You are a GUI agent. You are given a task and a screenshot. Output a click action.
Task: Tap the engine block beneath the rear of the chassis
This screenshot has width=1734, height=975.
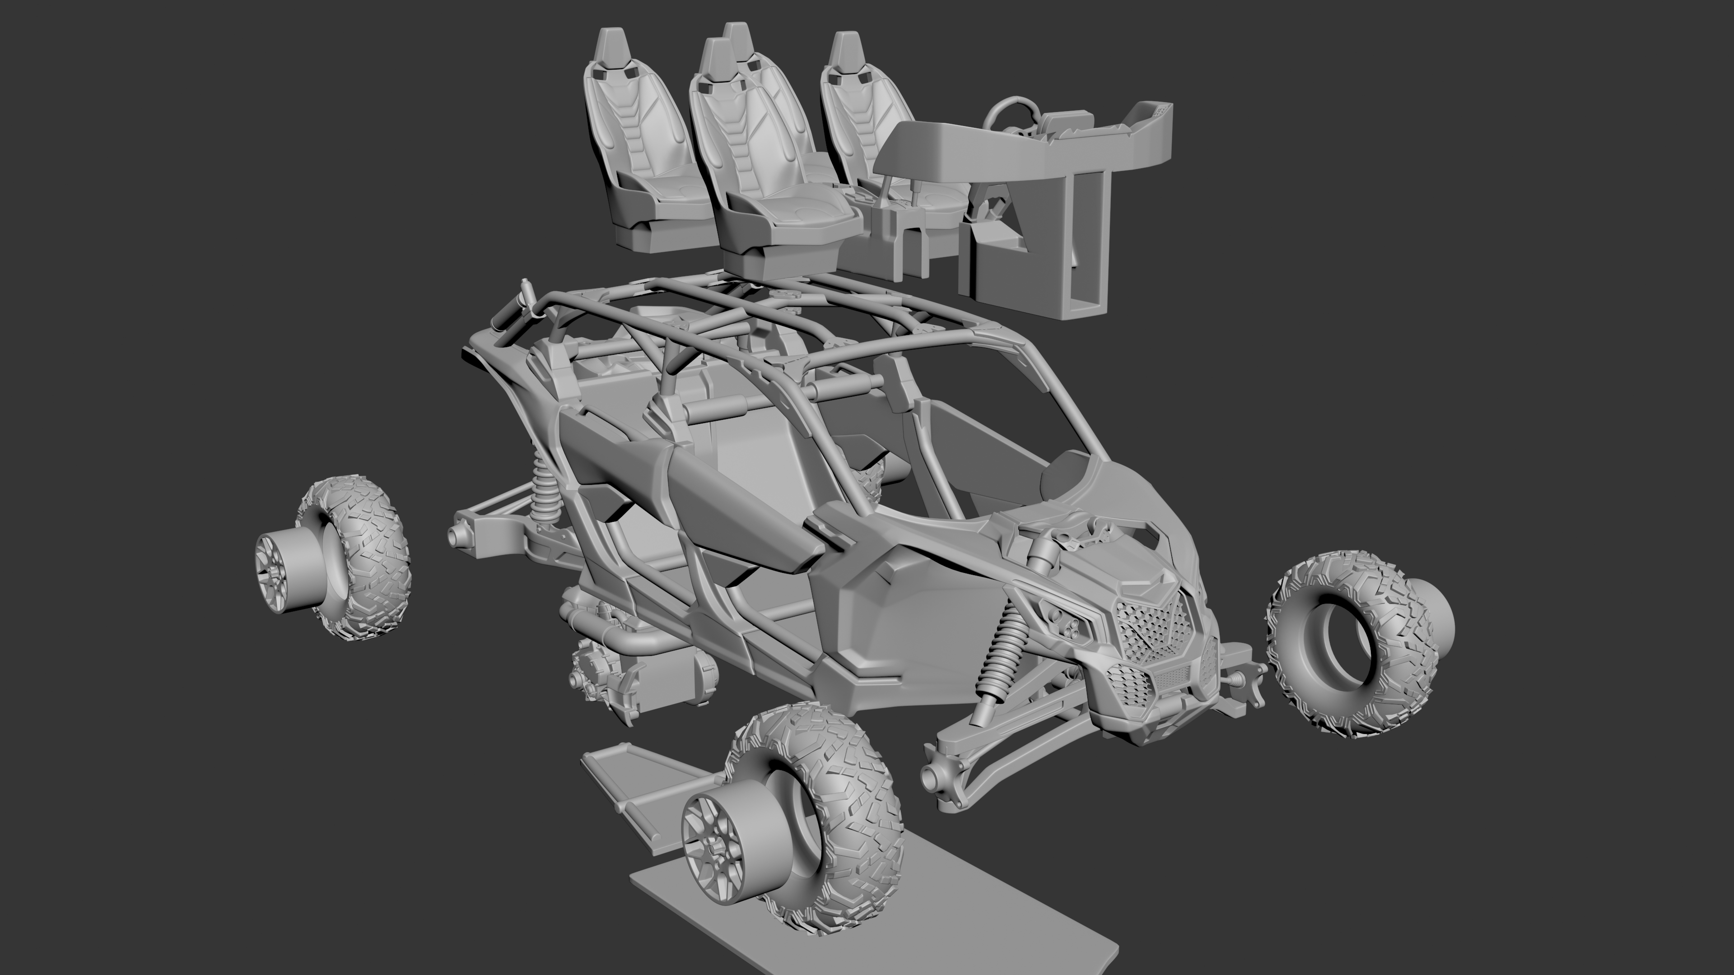tap(606, 680)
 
